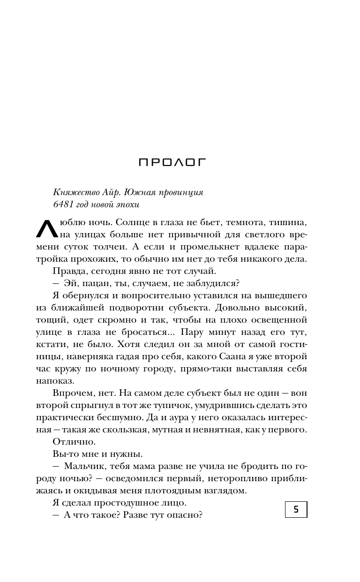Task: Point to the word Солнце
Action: click(x=132, y=222)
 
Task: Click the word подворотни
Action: click(x=139, y=308)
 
